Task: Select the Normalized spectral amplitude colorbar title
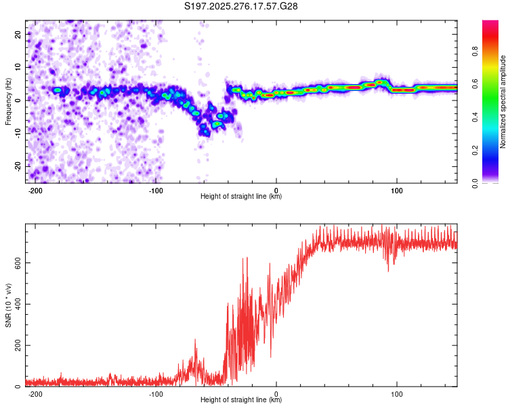[x=503, y=102]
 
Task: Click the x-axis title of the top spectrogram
[x=241, y=197]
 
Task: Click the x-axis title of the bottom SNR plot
[x=241, y=400]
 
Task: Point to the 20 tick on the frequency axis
[x=18, y=33]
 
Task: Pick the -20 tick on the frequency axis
[x=17, y=166]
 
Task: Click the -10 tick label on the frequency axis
[x=17, y=133]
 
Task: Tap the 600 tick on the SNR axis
[x=16, y=262]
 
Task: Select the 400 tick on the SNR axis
[x=16, y=303]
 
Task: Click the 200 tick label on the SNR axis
[x=16, y=345]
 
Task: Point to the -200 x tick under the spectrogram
[x=36, y=190]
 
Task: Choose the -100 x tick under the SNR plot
[x=156, y=393]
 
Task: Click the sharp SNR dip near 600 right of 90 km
[x=388, y=270]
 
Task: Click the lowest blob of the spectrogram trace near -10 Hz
[x=205, y=132]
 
